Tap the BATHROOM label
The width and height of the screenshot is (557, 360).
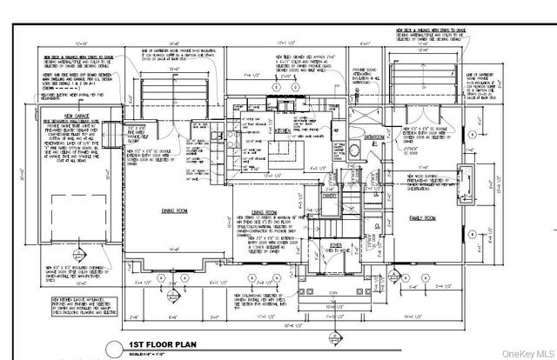coord(375,138)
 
